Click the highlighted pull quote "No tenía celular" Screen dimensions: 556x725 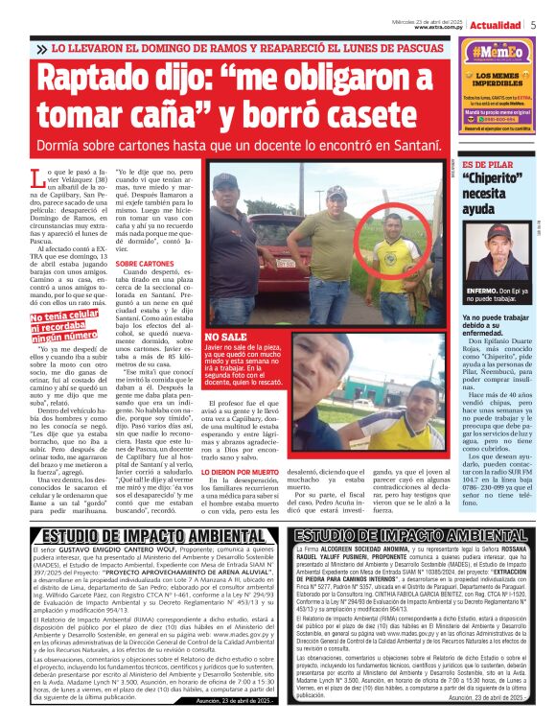click(64, 322)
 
